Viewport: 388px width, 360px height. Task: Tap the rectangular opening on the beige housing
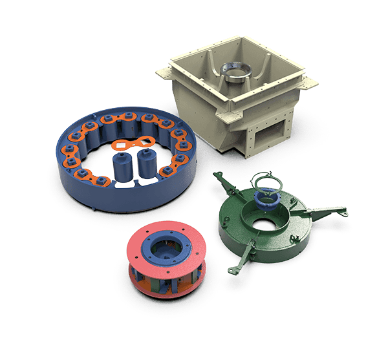264,136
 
